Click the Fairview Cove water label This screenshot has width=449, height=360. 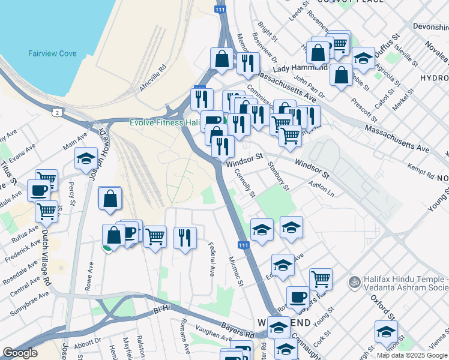click(x=52, y=53)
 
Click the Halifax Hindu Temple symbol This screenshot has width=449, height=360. click(x=355, y=281)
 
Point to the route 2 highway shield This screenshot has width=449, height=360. click(x=56, y=112)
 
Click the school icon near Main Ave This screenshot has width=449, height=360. click(x=86, y=159)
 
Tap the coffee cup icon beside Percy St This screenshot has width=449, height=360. click(x=39, y=190)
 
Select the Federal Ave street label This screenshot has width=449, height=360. click(x=212, y=259)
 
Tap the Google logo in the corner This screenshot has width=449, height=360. click(x=20, y=353)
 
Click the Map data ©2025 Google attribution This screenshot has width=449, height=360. click(x=412, y=355)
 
